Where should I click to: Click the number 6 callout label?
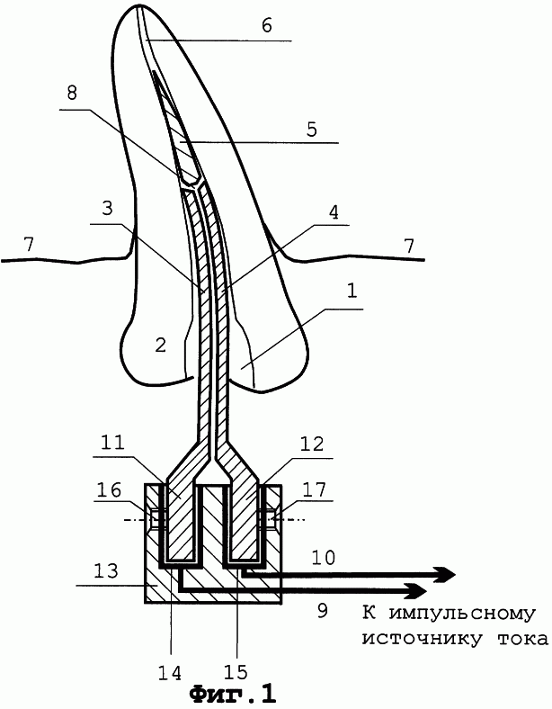[267, 26]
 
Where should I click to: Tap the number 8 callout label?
[72, 93]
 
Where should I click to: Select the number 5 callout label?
[312, 130]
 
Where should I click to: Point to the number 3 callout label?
[108, 209]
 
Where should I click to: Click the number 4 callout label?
[334, 212]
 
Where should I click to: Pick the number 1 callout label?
[352, 291]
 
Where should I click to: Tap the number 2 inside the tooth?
[160, 346]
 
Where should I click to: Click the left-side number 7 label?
[29, 245]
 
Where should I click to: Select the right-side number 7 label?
[409, 246]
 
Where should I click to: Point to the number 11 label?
[111, 442]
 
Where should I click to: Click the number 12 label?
[312, 444]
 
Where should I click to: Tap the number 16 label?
[109, 489]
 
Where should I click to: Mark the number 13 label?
[106, 570]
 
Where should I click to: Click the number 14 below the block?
[170, 672]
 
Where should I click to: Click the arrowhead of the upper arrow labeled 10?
[446, 574]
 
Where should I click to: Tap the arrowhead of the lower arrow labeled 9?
[418, 590]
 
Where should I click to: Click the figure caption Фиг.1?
[233, 694]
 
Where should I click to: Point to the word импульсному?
[462, 615]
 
